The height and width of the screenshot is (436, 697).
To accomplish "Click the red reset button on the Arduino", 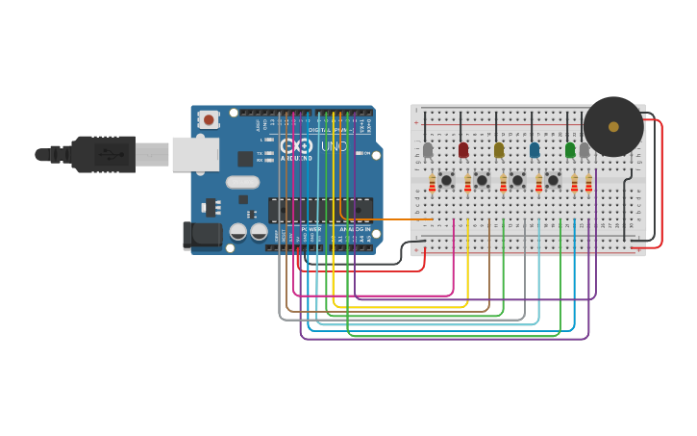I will click(x=208, y=119).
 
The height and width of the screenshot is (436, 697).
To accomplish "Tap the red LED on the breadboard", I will click(x=463, y=149).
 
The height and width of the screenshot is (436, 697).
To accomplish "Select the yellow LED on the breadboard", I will click(x=498, y=149).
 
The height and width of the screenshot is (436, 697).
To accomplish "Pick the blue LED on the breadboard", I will click(x=535, y=149).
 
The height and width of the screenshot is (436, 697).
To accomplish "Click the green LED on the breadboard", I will click(x=570, y=149).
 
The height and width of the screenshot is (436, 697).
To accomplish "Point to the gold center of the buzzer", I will click(x=613, y=126).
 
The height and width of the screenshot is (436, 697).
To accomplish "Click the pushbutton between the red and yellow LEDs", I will click(x=482, y=180).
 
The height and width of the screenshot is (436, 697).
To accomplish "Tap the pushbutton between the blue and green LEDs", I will click(x=553, y=180).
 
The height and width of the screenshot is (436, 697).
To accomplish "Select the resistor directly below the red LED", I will click(x=468, y=182).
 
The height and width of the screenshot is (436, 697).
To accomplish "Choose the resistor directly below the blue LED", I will click(x=539, y=182).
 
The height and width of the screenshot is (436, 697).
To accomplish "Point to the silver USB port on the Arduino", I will click(x=195, y=154).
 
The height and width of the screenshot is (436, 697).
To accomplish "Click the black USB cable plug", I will click(x=102, y=154).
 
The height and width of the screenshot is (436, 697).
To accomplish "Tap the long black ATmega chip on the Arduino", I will click(x=320, y=209).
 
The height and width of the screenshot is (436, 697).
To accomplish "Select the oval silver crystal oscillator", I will click(x=243, y=182).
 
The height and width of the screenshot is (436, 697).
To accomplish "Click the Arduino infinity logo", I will click(x=296, y=146).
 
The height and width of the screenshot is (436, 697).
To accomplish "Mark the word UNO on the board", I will click(x=333, y=146).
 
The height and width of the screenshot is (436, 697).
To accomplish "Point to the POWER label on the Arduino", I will click(x=311, y=230).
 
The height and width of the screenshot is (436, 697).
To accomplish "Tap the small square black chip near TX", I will click(x=245, y=159).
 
